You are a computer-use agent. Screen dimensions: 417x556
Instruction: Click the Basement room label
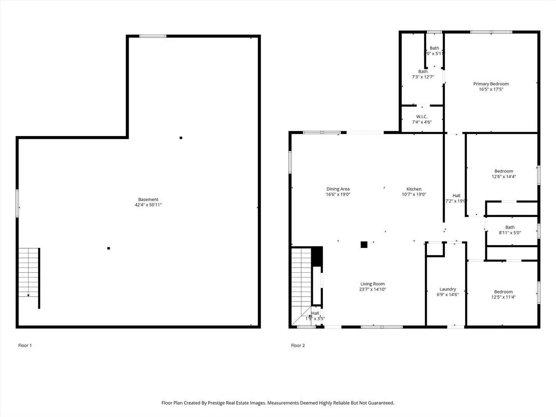coord(148,200)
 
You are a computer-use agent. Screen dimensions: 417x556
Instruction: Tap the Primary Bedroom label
coord(491,84)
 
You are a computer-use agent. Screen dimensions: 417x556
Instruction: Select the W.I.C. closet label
coord(422,117)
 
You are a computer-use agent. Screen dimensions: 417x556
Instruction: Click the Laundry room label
coord(448,289)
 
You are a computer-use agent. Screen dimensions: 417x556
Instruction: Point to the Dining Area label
coord(338,189)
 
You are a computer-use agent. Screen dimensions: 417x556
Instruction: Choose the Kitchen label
coord(414,189)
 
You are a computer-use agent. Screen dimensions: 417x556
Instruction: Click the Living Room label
coord(373,284)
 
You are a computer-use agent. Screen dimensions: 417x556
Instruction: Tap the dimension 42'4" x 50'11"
coord(148,205)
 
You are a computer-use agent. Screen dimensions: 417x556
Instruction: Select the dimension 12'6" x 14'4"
coord(503,177)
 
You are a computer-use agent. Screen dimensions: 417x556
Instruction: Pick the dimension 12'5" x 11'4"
coord(503,297)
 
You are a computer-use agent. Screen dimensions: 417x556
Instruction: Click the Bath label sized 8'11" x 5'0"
coord(510,227)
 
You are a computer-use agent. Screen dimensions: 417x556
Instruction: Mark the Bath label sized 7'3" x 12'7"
coord(423,71)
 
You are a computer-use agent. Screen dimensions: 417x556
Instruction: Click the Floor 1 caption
coord(25,346)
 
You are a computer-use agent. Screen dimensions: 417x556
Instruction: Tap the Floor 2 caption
coord(298,346)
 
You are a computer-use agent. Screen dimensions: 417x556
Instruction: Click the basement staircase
coord(29,273)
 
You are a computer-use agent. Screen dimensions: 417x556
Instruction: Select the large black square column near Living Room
coord(364,244)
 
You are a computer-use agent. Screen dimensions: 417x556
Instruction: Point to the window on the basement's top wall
coord(153,36)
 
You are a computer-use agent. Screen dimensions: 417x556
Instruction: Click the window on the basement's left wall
coord(17,203)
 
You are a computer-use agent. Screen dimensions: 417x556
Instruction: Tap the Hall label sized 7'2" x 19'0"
coord(456,196)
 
